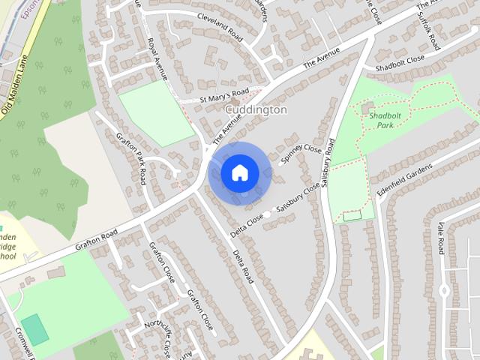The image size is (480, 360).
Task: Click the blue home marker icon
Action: click(x=239, y=173)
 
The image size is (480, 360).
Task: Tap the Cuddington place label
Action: click(x=256, y=109)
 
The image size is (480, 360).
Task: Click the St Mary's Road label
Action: click(x=223, y=95)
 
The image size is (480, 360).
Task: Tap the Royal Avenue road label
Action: click(x=158, y=59)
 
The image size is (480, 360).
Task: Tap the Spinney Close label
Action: click(x=301, y=155)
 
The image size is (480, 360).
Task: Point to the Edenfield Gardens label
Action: click(x=406, y=181)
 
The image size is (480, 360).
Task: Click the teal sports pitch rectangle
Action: click(x=34, y=331)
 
